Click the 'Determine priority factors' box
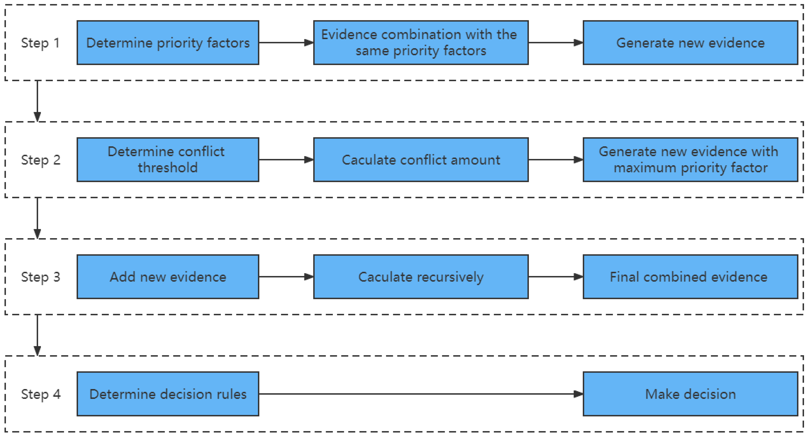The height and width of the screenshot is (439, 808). (x=168, y=43)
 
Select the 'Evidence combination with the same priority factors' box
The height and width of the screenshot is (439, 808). (x=421, y=43)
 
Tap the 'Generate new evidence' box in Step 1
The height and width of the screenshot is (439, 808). (x=690, y=43)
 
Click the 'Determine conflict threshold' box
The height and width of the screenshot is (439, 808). (x=168, y=160)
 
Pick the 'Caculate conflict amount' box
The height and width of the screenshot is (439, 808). (x=421, y=160)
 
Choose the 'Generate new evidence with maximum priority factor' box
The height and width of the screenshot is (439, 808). (x=690, y=160)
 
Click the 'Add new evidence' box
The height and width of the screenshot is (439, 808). (x=168, y=277)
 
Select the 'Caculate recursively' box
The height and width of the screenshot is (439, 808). (x=421, y=277)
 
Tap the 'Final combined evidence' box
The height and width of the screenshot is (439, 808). (x=690, y=277)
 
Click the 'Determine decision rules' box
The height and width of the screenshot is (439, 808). (x=168, y=394)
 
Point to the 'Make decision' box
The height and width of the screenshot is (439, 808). (x=690, y=394)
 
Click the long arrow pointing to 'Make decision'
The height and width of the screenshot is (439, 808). (x=420, y=394)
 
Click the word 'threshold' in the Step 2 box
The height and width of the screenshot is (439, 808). (x=168, y=168)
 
